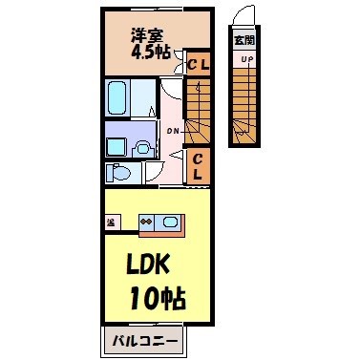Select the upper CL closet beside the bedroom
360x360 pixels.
[198, 65]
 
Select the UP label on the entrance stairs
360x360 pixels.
[245, 58]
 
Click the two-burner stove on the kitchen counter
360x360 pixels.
[147, 222]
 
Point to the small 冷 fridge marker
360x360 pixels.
[111, 222]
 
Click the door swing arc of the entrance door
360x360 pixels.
[245, 16]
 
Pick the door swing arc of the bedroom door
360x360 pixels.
[168, 88]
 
